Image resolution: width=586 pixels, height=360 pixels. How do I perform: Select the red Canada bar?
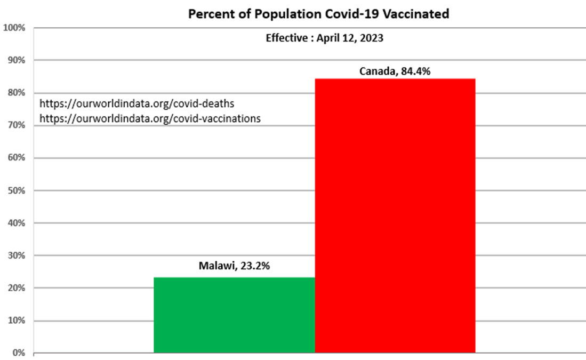[x=395, y=215]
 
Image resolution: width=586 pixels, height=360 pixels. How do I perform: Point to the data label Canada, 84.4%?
[x=395, y=71]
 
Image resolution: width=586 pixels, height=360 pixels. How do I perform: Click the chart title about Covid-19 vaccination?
[x=319, y=14]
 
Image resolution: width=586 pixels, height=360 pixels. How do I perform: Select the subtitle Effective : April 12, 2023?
[x=324, y=38]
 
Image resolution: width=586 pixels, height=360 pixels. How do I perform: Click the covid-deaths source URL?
[x=137, y=103]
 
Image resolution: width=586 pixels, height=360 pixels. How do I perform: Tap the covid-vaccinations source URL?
[x=150, y=118]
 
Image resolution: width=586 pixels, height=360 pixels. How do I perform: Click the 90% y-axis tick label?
[x=16, y=60]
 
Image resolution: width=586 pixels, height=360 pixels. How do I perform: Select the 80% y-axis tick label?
[x=16, y=93]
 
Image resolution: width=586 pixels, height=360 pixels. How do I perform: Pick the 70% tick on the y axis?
[x=16, y=125]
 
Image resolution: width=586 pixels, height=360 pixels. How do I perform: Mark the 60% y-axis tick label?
[x=16, y=158]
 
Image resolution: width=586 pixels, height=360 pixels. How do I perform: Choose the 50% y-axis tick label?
[x=16, y=190]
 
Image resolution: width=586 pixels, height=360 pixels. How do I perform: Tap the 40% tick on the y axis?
[x=16, y=223]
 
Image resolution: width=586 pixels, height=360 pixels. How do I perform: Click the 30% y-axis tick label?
[x=16, y=255]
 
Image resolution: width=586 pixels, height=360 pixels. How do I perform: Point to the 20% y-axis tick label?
[x=16, y=288]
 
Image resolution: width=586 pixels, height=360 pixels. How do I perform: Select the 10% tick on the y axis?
[x=16, y=321]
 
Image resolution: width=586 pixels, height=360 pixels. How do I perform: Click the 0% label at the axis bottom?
[x=18, y=353]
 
